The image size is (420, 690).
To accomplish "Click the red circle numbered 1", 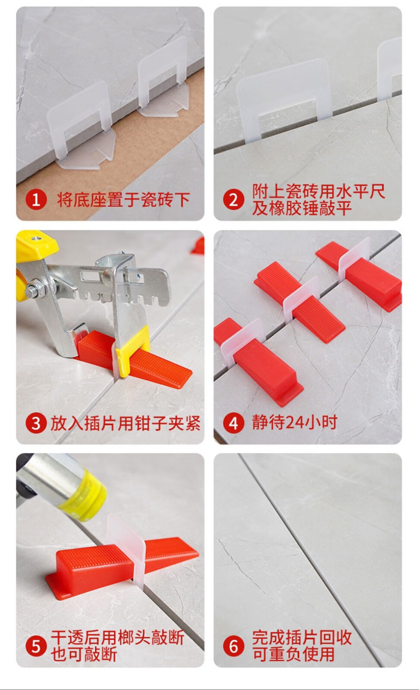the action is click(36, 200).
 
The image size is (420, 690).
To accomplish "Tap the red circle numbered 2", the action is click(234, 200).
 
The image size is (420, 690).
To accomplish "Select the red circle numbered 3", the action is click(36, 423).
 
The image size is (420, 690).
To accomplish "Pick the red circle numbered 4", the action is click(234, 423).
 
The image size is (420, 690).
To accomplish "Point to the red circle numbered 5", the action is click(36, 646).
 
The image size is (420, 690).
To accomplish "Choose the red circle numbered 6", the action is click(234, 646).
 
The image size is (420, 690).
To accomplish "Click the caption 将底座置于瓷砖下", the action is click(123, 200).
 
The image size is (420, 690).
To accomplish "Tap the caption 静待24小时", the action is click(295, 422).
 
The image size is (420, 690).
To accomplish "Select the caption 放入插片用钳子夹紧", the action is click(126, 423).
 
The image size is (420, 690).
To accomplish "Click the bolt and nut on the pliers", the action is click(35, 291).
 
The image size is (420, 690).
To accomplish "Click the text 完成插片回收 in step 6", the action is click(302, 637).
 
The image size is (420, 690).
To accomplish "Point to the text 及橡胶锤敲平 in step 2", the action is click(302, 208).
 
